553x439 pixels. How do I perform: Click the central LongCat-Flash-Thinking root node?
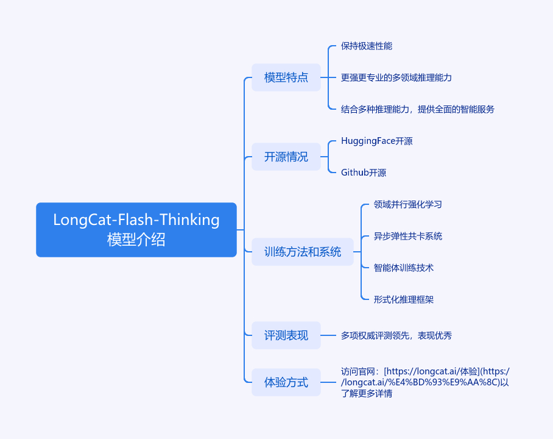click(136, 230)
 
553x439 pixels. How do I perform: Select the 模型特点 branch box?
click(286, 77)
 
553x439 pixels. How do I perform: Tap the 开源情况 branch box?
click(286, 157)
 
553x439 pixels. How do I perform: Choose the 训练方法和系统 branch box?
click(302, 252)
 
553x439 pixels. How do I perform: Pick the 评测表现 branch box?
click(286, 335)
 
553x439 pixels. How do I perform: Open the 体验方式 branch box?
click(286, 382)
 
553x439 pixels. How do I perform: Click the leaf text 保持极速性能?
click(367, 46)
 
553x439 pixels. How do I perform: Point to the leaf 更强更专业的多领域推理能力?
click(396, 77)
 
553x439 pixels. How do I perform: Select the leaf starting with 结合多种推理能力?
click(418, 109)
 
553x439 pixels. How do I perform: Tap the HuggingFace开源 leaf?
click(376, 141)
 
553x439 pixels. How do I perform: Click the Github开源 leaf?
click(364, 173)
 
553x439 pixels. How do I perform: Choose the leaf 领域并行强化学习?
click(407, 204)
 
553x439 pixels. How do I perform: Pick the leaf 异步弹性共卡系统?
click(407, 236)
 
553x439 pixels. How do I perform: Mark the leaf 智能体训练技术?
click(403, 268)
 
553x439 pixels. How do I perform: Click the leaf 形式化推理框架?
click(403, 299)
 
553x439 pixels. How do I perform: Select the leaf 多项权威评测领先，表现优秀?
click(396, 335)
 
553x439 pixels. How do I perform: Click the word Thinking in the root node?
click(190, 220)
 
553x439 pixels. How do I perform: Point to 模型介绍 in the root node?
click(136, 239)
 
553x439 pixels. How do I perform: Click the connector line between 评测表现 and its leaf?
click(328, 335)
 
